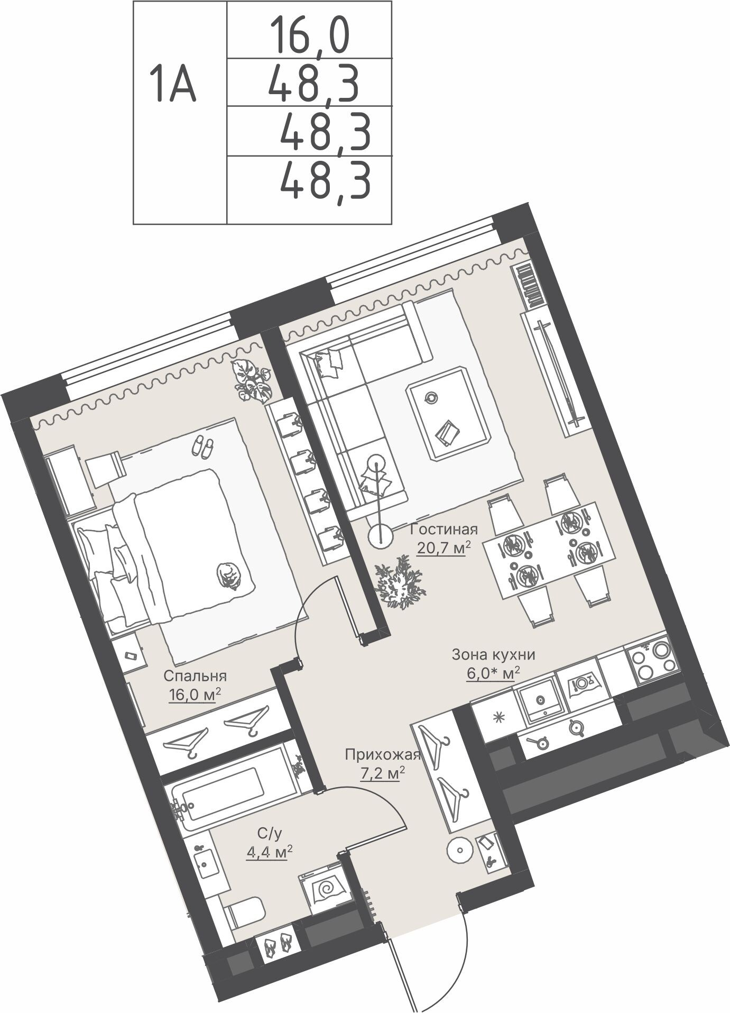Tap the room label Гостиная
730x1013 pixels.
pyautogui.click(x=444, y=529)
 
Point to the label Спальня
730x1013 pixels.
pyautogui.click(x=195, y=676)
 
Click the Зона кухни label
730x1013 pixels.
pyautogui.click(x=493, y=655)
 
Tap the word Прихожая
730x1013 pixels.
pyautogui.click(x=382, y=754)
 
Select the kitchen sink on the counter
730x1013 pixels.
pyautogui.click(x=540, y=701)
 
